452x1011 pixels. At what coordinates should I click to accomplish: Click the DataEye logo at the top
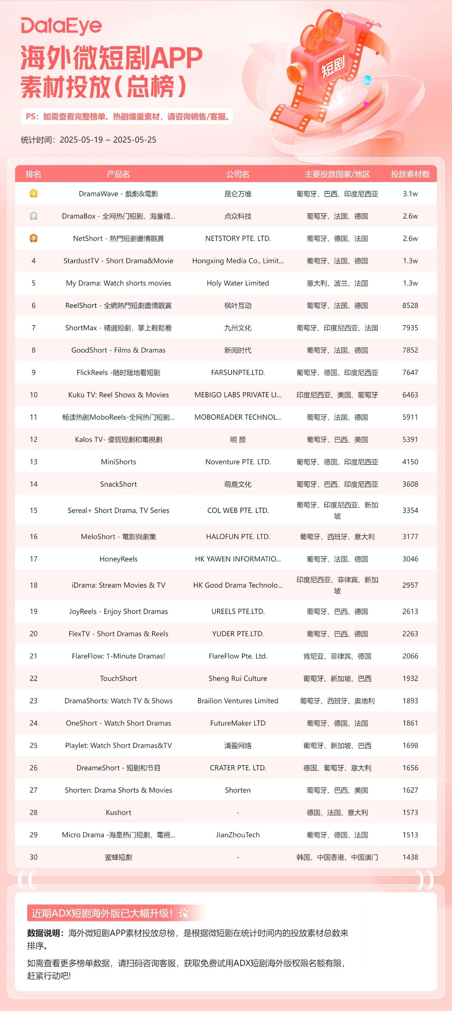click(x=61, y=26)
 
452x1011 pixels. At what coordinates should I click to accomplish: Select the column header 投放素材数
click(x=410, y=174)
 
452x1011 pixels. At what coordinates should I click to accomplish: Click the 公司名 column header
click(x=238, y=174)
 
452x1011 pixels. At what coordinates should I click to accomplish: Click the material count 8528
click(x=410, y=305)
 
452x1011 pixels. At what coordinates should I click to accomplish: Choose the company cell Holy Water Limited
click(x=238, y=283)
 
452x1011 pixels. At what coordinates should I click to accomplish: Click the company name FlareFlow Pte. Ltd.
click(x=238, y=656)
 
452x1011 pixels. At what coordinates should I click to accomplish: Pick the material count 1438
click(x=410, y=857)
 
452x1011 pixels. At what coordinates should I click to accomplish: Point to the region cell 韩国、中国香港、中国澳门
click(x=337, y=857)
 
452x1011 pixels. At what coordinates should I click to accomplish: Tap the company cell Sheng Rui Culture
click(x=238, y=678)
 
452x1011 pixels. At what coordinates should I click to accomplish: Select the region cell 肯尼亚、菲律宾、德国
click(x=337, y=656)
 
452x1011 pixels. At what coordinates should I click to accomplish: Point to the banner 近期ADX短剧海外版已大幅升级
click(x=102, y=913)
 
